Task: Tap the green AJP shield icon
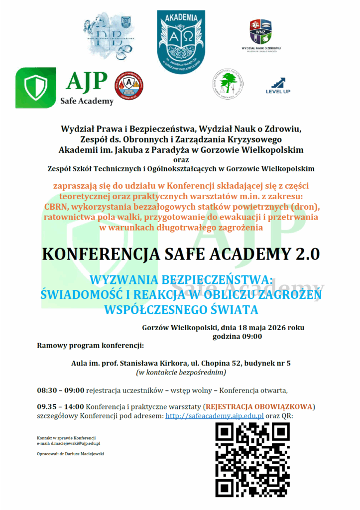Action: tap(35, 87)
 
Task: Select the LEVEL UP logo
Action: tap(278, 85)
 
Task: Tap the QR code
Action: tap(252, 459)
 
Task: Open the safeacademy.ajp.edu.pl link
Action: tap(215, 416)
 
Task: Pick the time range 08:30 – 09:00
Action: tap(60, 389)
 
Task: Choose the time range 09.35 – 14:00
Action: tap(60, 406)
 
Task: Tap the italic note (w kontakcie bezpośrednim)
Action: tap(181, 372)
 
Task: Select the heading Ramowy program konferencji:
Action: tap(90, 345)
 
